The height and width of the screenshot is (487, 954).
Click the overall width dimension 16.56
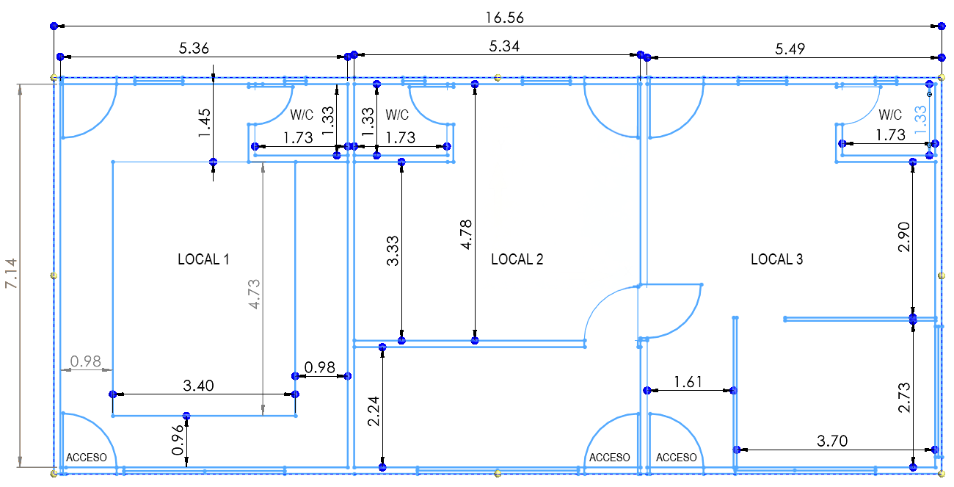504,18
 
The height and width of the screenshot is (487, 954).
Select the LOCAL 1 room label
203,259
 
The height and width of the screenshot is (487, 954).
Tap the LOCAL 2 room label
517,259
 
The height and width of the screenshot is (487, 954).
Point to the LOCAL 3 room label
777,259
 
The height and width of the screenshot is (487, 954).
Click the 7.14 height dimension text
12,273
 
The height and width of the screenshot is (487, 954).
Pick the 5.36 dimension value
194,48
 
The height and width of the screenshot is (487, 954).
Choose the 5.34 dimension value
504,46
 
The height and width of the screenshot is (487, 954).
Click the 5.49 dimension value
790,49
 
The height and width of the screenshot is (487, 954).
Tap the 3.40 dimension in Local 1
198,386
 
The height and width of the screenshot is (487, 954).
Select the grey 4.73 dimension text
254,295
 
